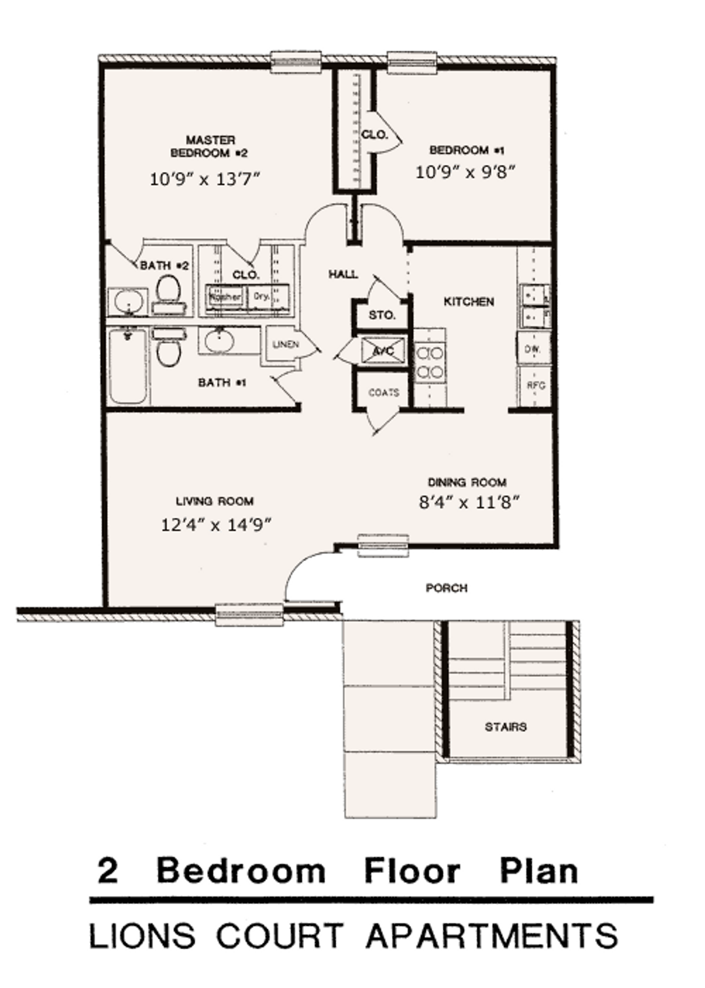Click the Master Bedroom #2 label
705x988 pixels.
(210, 147)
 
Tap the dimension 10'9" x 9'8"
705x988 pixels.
(465, 172)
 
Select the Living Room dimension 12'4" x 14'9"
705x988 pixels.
(216, 525)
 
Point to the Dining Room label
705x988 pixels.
(467, 483)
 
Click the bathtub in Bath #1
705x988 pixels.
(128, 366)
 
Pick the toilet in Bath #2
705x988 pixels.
(168, 289)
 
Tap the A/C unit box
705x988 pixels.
(383, 351)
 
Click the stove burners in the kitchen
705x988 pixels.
(430, 362)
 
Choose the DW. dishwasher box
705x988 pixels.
(532, 348)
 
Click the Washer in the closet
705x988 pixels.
(225, 297)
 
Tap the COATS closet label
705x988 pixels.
(384, 393)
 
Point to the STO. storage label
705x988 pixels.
(382, 315)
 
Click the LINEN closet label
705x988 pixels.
(286, 345)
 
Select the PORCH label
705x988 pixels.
(446, 588)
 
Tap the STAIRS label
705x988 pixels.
(505, 727)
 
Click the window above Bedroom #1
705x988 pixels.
(412, 62)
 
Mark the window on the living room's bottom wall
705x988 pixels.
(249, 614)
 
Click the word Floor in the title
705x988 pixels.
(412, 871)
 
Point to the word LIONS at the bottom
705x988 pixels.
(142, 936)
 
